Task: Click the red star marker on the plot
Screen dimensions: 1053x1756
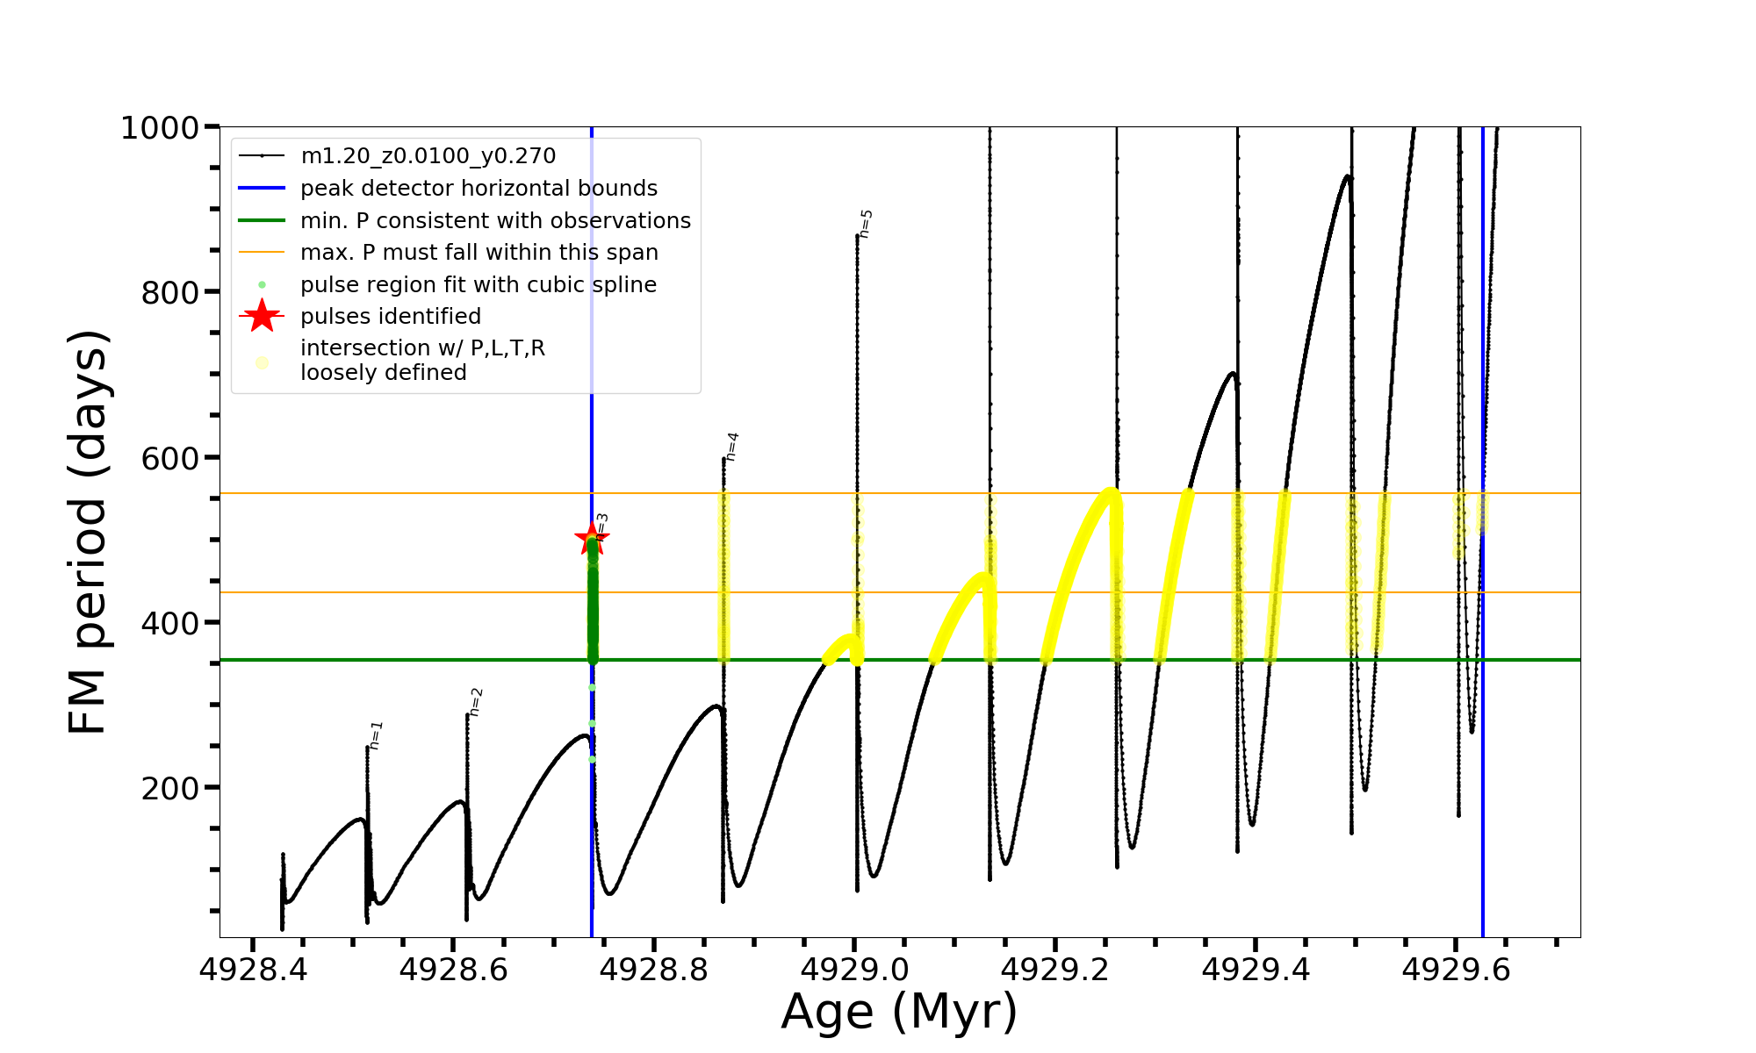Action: [592, 538]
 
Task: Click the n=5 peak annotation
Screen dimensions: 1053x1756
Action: [866, 224]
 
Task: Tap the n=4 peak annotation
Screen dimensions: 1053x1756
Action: [731, 446]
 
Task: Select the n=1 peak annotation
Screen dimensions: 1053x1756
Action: [376, 735]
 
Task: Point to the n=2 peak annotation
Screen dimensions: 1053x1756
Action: [475, 702]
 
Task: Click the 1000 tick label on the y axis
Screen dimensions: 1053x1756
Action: [160, 128]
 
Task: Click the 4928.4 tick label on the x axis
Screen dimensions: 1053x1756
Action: [253, 971]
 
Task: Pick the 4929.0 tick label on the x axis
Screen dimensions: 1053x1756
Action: [854, 971]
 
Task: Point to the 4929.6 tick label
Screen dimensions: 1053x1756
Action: [1456, 971]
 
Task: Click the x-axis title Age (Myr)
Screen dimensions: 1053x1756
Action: [899, 1012]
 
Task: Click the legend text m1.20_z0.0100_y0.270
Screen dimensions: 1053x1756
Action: [428, 156]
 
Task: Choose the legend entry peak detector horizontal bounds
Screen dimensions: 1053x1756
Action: [479, 189]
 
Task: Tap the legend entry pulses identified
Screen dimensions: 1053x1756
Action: [391, 316]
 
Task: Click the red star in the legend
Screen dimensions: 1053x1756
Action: [262, 316]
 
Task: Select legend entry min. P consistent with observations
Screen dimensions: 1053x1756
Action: [495, 220]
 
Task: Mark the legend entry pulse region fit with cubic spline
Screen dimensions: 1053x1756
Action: [479, 284]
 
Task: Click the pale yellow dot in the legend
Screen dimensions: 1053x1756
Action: [262, 362]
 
